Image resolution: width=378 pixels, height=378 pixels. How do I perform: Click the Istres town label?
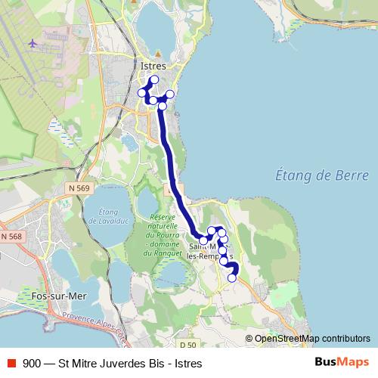click(x=153, y=66)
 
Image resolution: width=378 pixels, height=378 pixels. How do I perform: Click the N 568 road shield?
click(x=11, y=237)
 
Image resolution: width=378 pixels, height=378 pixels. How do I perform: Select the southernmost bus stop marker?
click(x=232, y=278)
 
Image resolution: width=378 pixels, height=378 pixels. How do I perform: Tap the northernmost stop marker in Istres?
click(x=155, y=79)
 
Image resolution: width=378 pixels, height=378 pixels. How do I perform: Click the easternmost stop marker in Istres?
click(x=170, y=94)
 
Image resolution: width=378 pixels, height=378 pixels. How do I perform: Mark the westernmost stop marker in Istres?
click(x=141, y=93)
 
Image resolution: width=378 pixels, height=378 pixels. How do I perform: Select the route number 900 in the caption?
click(x=33, y=363)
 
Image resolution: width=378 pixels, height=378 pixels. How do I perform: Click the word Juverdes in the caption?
click(x=115, y=363)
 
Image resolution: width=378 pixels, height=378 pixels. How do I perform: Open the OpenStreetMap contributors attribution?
click(x=311, y=339)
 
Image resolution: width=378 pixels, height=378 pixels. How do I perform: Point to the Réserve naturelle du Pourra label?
click(x=163, y=234)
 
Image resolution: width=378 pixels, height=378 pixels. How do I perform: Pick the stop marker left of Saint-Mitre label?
click(x=203, y=240)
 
